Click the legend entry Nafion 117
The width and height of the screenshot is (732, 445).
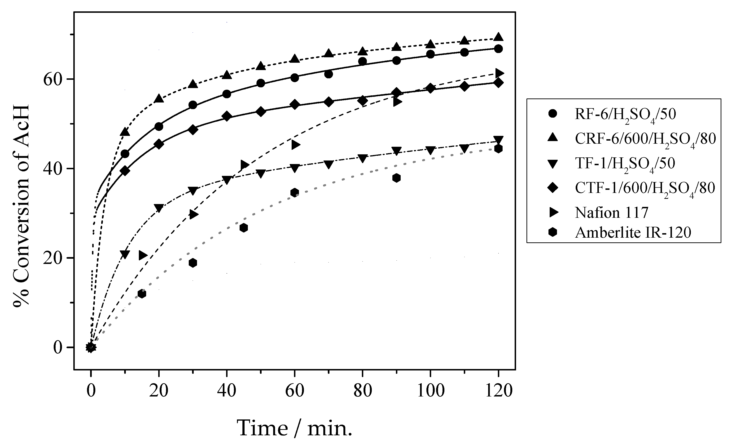pos(611,213)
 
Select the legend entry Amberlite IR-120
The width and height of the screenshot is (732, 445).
pos(633,232)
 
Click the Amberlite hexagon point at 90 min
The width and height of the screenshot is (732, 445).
pos(396,178)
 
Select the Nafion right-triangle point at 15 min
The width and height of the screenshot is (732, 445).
pos(143,255)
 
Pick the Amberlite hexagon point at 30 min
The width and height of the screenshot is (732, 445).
pos(193,263)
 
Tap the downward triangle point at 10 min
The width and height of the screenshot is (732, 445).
pos(125,254)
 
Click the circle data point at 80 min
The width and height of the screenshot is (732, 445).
pos(362,62)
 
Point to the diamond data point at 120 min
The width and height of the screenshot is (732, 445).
pos(499,83)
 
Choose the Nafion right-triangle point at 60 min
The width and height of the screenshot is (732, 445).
pos(296,145)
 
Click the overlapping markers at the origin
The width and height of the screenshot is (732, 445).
pos(91,347)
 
